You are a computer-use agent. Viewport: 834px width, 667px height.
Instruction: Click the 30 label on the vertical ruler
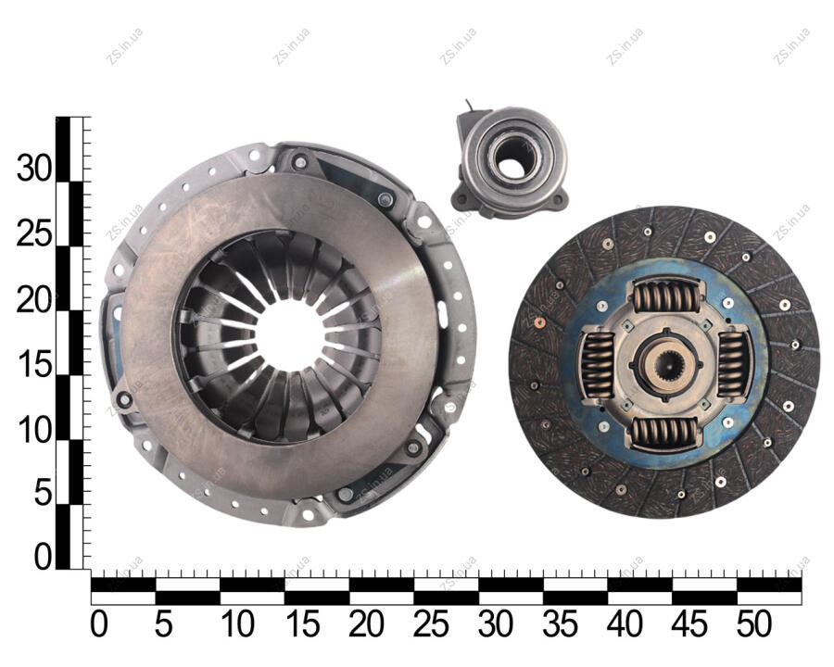[34, 170]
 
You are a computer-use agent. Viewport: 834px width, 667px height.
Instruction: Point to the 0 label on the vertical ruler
[44, 558]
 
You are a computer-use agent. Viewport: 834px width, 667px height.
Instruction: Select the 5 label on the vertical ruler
[44, 493]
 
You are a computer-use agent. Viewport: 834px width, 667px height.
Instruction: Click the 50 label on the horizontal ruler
[753, 623]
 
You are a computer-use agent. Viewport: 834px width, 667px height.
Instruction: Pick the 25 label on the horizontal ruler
[430, 623]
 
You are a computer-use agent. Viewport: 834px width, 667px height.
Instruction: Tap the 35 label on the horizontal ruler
[560, 623]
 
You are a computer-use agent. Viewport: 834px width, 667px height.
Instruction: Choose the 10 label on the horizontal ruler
[237, 623]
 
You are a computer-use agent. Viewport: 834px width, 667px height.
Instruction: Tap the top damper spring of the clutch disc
[666, 296]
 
